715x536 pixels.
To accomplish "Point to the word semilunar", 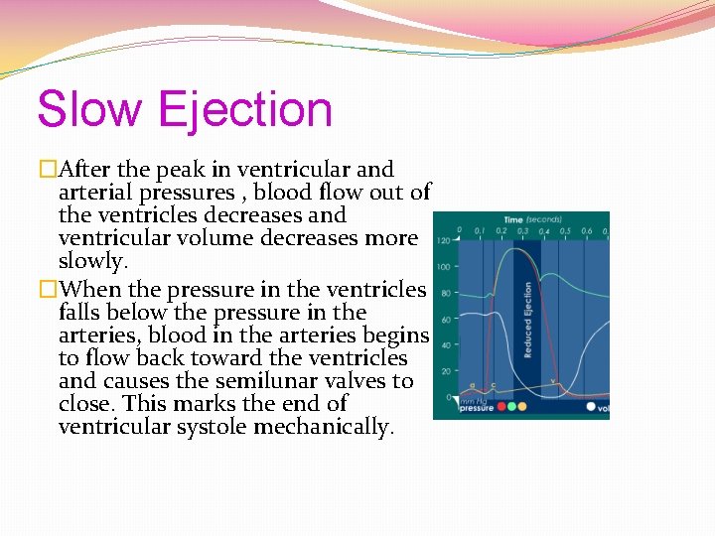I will tap(312, 381).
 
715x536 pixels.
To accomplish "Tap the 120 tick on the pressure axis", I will tap(443, 241).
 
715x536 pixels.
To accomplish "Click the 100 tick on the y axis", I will tap(443, 267).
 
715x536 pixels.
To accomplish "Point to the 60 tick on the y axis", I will tap(446, 320).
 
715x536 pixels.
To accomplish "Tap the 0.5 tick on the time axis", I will tap(565, 231).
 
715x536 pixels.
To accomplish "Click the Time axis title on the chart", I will tap(513, 219).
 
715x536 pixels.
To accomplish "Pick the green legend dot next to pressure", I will tap(511, 407).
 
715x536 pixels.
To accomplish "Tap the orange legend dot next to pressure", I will tap(522, 407).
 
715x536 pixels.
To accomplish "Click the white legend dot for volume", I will tap(591, 407).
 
